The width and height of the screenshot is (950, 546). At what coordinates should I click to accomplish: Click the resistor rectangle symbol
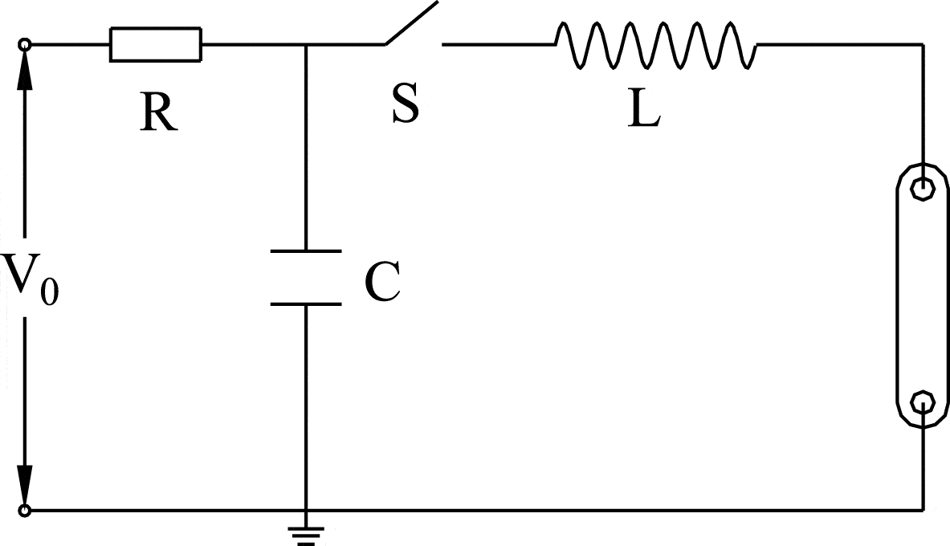point(156,44)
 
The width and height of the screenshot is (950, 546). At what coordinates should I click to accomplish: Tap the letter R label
point(157,113)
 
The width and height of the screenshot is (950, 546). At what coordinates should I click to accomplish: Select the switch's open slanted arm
point(411,22)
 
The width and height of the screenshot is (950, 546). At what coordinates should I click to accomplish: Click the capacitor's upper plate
point(306,252)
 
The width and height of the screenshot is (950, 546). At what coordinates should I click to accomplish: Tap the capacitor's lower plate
point(306,304)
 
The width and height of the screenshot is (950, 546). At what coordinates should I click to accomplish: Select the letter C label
point(382,282)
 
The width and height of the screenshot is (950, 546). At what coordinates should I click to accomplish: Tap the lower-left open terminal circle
point(25,510)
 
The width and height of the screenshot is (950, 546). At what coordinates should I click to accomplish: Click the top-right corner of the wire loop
point(922,45)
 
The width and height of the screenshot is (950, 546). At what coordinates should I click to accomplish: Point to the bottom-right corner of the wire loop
point(922,509)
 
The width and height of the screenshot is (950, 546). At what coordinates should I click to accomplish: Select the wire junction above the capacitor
point(306,45)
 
